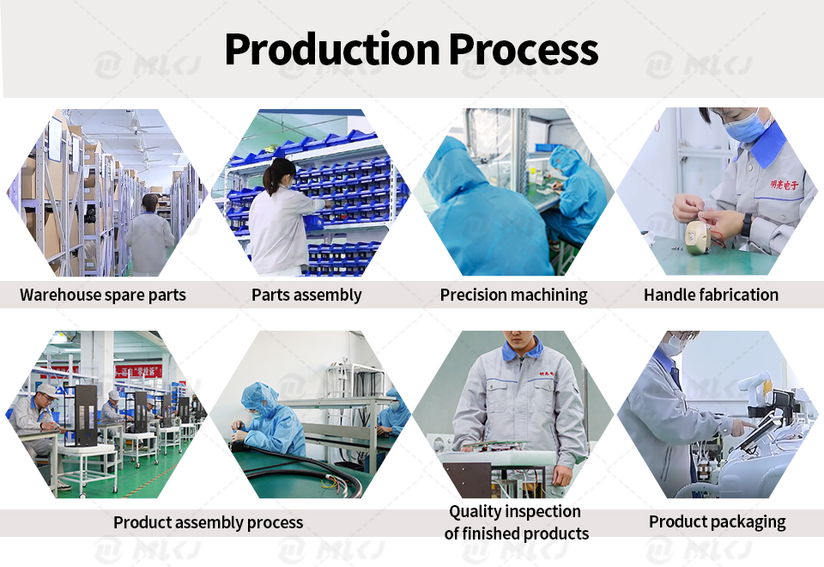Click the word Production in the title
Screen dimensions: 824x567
coord(332,49)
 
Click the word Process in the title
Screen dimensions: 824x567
coord(524,49)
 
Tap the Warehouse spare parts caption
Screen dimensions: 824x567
coord(103,295)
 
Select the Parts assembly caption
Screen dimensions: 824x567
coord(306,295)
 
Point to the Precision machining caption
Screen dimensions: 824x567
coord(513,295)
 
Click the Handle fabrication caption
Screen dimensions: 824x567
coord(711,295)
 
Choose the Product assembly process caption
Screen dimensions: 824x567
coord(208,522)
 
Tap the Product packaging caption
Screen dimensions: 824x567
coord(718,521)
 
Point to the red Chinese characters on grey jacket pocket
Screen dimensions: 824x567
coord(784,185)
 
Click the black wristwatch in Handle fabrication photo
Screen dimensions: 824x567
coord(747,224)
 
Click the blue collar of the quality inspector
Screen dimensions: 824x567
coord(521,349)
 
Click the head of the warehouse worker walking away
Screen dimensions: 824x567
coord(150,203)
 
